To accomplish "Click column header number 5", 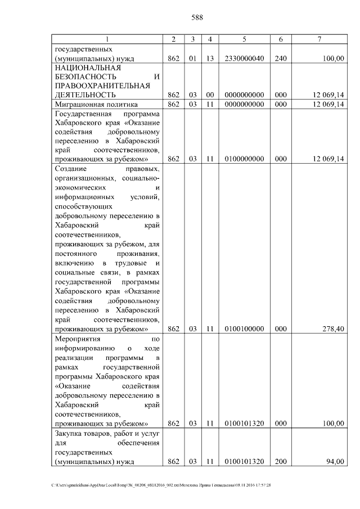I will pos(244,39).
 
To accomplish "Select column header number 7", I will pos(319,39).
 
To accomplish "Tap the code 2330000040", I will pos(244,58).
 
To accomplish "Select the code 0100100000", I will pos(244,328).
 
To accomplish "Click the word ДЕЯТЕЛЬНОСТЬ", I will pos(83,95).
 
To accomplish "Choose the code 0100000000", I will pos(244,159).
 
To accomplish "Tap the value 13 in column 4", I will pos(209,58).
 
